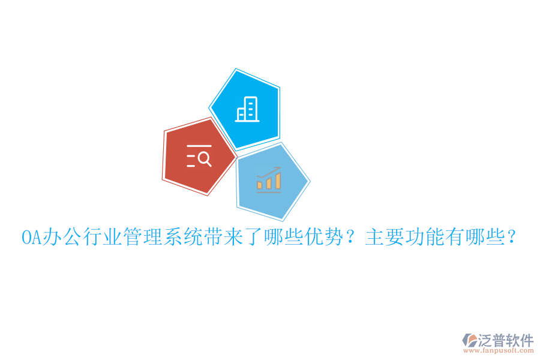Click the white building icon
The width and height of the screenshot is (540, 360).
click(x=247, y=109)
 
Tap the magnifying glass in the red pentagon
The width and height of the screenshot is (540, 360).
click(x=204, y=159)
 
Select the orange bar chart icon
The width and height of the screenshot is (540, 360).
click(x=269, y=179)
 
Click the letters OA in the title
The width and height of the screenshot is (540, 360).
click(x=29, y=238)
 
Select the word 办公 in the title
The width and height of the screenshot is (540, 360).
click(x=55, y=238)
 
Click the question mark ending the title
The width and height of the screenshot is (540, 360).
click(x=512, y=238)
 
